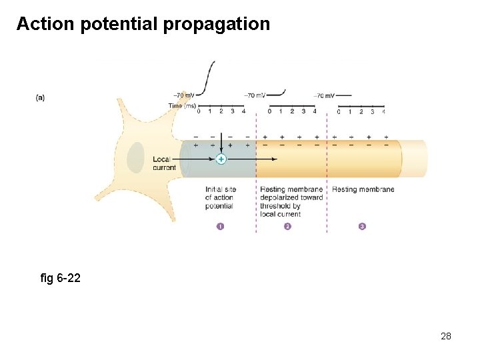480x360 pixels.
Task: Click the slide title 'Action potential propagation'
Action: pyautogui.click(x=143, y=24)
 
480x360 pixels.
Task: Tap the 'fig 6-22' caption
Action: pyautogui.click(x=61, y=277)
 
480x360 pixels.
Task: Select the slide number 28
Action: pyautogui.click(x=446, y=336)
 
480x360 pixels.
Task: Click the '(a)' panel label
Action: pyautogui.click(x=41, y=97)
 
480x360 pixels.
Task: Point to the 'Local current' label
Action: pyautogui.click(x=165, y=163)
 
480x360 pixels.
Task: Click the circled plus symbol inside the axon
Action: pyautogui.click(x=221, y=159)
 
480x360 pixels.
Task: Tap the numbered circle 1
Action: pyautogui.click(x=221, y=226)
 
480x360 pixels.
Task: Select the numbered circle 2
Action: pyautogui.click(x=288, y=226)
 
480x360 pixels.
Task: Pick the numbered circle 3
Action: pyautogui.click(x=362, y=226)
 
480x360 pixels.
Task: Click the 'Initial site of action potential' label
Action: pyautogui.click(x=220, y=197)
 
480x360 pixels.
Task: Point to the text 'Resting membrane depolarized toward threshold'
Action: pyautogui.click(x=292, y=197)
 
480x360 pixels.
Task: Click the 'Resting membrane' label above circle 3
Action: pyautogui.click(x=363, y=189)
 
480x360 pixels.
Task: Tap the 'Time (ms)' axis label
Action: pyautogui.click(x=181, y=105)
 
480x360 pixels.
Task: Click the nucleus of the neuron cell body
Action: pyautogui.click(x=136, y=157)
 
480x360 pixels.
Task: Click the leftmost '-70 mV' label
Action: pyautogui.click(x=183, y=96)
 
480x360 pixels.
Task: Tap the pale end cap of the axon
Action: pyautogui.click(x=415, y=159)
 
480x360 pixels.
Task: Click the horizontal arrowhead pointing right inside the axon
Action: pyautogui.click(x=274, y=159)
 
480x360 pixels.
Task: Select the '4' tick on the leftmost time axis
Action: pyautogui.click(x=243, y=111)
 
